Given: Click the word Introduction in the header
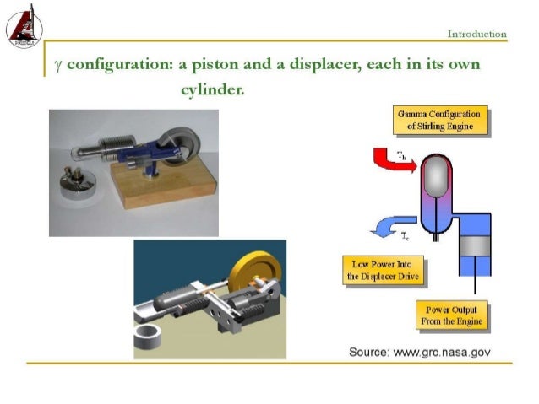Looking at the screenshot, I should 476,34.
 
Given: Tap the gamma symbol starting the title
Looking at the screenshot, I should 57,66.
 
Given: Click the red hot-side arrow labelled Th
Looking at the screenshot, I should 390,161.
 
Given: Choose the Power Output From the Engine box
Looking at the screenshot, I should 452,315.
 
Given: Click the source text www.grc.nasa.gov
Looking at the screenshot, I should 419,352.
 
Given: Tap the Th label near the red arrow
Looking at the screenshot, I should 402,156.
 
